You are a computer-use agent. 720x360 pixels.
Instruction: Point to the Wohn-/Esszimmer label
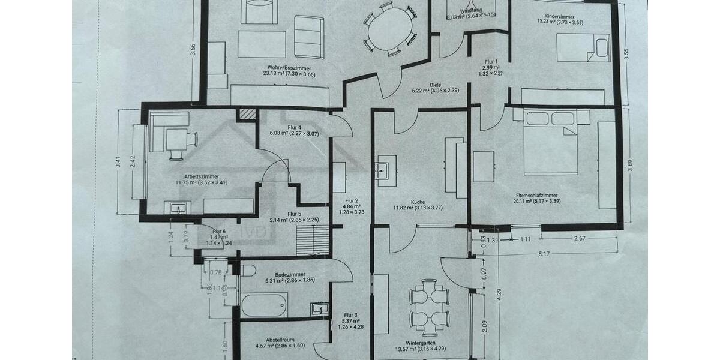[289, 68]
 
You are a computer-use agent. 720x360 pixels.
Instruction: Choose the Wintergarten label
[419, 343]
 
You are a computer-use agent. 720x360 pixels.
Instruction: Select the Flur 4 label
[294, 127]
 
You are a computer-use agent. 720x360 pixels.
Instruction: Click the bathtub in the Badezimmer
[264, 305]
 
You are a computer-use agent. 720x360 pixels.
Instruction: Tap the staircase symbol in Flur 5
[313, 239]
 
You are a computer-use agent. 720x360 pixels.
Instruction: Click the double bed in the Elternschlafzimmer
[551, 142]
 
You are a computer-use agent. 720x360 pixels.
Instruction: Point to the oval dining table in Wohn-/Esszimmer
[390, 30]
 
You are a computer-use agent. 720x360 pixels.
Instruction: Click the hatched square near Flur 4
[245, 114]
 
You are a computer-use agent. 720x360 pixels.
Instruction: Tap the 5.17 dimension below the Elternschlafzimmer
[545, 254]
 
